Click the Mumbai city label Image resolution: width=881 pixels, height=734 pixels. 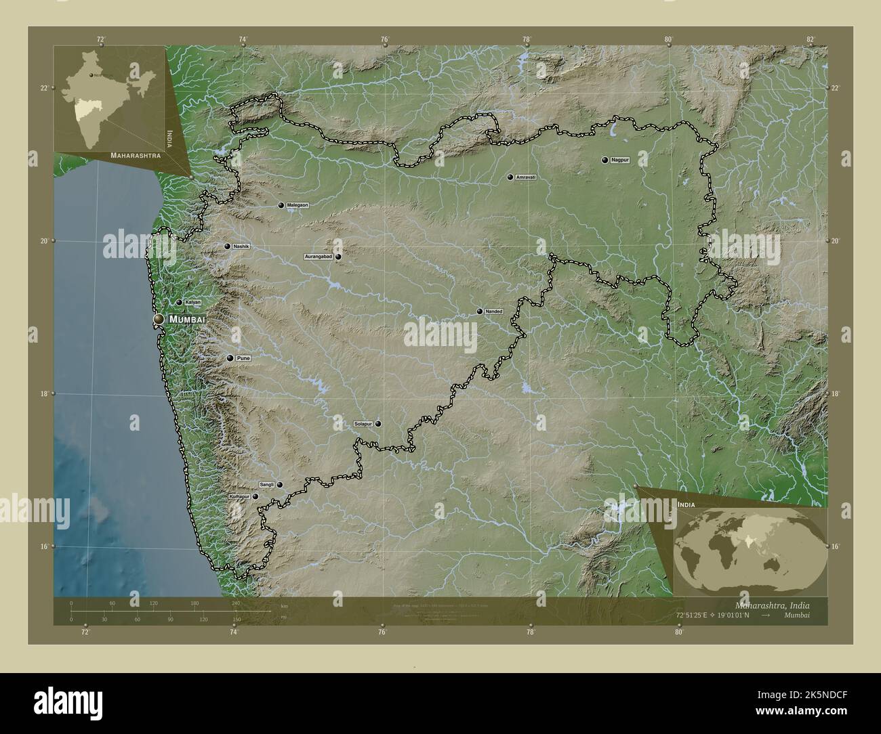(x=186, y=319)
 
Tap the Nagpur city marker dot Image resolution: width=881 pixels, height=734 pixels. (x=605, y=160)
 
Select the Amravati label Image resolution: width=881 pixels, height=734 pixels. (x=526, y=177)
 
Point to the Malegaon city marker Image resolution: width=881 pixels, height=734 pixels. (x=281, y=205)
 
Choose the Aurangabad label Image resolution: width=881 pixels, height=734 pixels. (x=319, y=257)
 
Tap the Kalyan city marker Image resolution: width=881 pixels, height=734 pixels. (x=179, y=303)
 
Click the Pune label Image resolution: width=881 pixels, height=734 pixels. (x=244, y=358)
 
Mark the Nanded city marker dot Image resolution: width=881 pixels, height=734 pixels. (x=479, y=311)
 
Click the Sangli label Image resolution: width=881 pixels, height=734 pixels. (x=266, y=485)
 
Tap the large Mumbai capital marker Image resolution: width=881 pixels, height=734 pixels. (x=159, y=319)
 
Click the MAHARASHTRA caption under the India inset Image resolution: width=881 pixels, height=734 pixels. (x=136, y=155)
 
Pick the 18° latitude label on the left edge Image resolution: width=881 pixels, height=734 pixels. (x=44, y=393)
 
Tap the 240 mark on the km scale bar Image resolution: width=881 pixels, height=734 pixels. (x=235, y=603)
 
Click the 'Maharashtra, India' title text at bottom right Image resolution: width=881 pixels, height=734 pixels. (x=772, y=605)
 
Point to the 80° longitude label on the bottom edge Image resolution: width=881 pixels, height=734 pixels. (x=678, y=632)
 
